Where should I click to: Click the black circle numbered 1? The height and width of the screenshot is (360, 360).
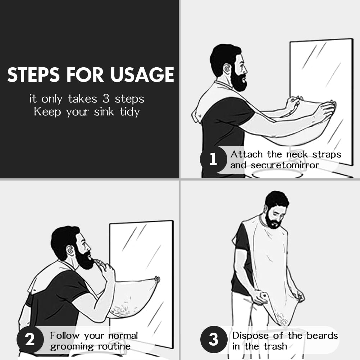pyautogui.click(x=213, y=159)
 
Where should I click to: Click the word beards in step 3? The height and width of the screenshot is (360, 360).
pyautogui.click(x=322, y=336)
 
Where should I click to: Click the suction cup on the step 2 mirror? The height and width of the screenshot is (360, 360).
pyautogui.click(x=157, y=279)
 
